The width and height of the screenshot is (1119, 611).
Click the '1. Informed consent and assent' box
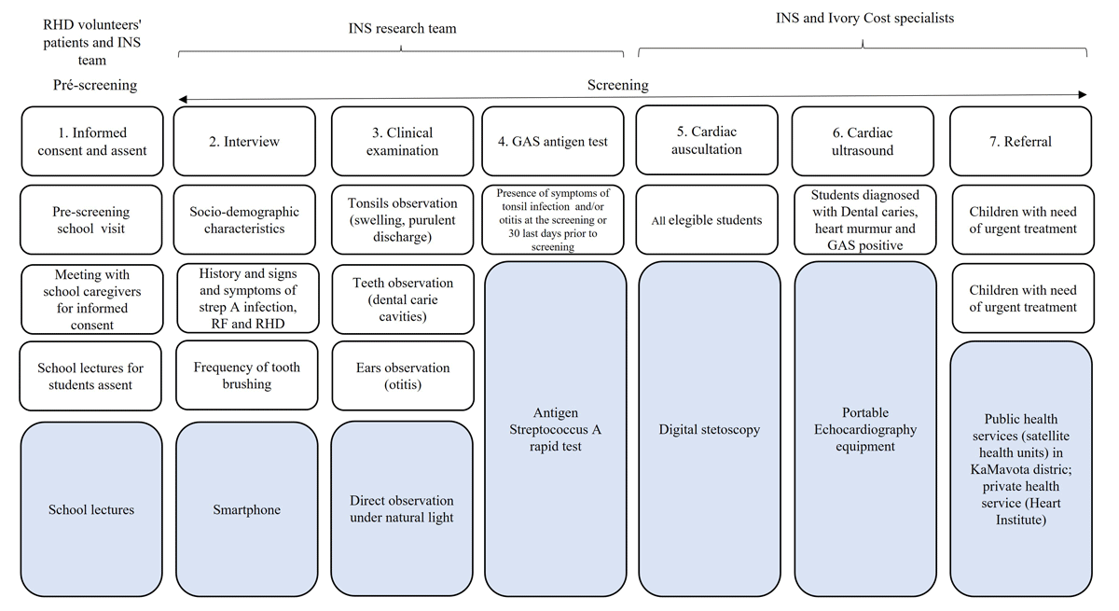(x=90, y=141)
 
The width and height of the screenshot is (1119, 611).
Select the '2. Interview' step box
(x=244, y=142)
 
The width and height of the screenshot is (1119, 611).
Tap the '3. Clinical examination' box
(x=402, y=141)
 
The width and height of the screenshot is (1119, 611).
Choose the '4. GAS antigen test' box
(x=553, y=142)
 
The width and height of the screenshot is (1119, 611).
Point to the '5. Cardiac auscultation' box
(x=706, y=141)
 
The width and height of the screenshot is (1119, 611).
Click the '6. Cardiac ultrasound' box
(x=863, y=141)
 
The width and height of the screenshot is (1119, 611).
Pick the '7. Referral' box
(x=1020, y=142)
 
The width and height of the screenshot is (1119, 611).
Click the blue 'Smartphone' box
(x=246, y=509)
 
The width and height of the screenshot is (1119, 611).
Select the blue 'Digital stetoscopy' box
(x=709, y=430)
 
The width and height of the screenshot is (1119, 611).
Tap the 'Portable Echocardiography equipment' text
(x=864, y=429)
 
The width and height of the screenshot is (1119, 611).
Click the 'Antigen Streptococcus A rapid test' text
(x=555, y=429)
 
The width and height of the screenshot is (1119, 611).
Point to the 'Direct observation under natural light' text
(x=402, y=509)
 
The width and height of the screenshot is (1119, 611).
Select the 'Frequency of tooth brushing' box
(x=246, y=375)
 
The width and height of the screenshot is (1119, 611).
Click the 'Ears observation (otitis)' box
(x=402, y=376)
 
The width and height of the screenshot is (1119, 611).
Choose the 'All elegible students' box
(x=706, y=220)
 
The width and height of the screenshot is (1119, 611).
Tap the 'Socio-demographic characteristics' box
(x=244, y=220)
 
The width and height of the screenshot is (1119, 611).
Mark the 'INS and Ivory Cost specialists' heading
(x=864, y=18)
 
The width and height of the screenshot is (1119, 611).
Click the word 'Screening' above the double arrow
(x=617, y=85)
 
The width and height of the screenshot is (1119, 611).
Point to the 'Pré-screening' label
(x=95, y=85)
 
